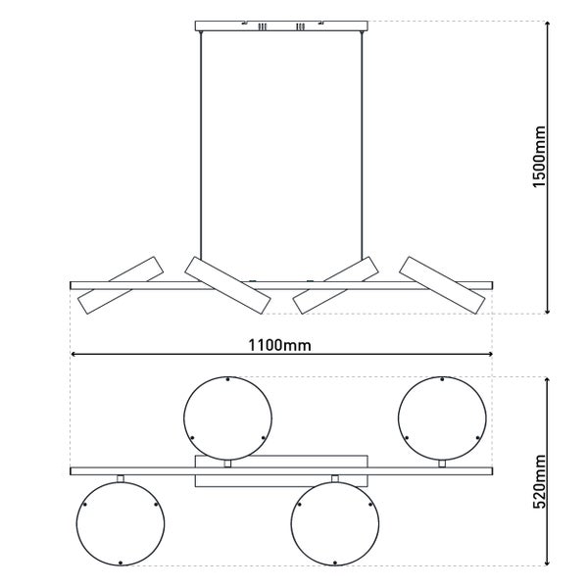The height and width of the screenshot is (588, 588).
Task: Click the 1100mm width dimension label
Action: coord(279,346)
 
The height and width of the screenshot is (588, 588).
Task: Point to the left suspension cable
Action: coord(201,147)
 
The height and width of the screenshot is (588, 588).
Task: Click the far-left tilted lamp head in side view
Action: coord(119,286)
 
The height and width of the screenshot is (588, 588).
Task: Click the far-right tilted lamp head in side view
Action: coord(444,285)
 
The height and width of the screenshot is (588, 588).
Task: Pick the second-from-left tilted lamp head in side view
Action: coord(226,285)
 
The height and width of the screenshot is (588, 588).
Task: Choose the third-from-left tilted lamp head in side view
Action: coord(336,286)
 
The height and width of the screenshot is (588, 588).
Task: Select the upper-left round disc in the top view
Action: coord(227,416)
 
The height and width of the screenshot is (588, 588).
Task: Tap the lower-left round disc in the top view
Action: coord(119,523)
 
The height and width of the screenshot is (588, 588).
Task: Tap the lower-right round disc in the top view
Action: coord(335,523)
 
